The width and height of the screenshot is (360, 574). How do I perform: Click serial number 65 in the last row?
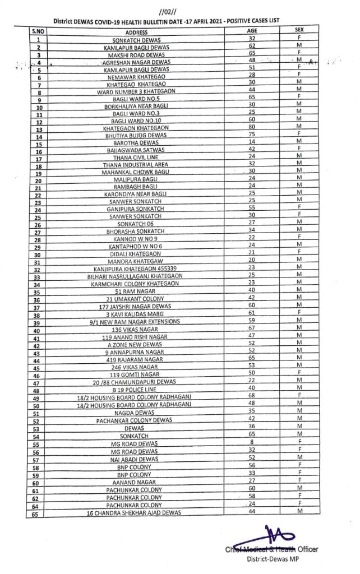[39, 513]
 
